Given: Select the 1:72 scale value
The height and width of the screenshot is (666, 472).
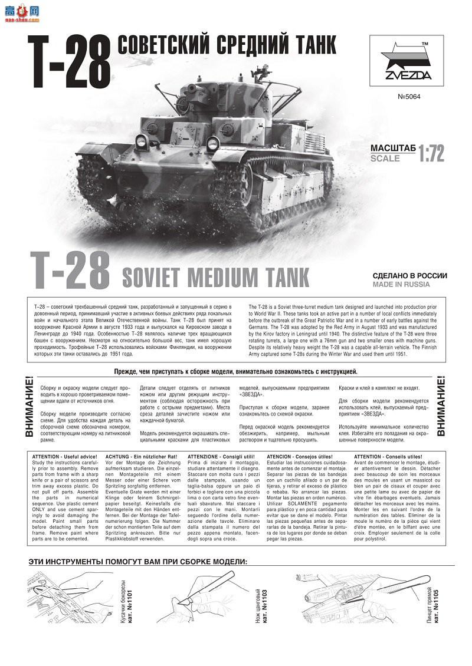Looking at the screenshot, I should tap(431, 153).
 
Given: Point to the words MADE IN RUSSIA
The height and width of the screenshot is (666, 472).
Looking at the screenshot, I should tap(401, 285).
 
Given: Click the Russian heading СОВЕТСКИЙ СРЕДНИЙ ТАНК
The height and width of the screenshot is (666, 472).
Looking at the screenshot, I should tap(227, 45).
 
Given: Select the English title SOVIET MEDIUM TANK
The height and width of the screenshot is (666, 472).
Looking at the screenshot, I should tap(215, 276).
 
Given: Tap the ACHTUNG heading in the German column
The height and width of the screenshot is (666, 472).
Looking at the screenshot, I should tap(134, 457).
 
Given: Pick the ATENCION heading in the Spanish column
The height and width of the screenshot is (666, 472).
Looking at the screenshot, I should tap(299, 457).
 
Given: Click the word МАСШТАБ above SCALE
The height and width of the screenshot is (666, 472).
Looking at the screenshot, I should tap(394, 148).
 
